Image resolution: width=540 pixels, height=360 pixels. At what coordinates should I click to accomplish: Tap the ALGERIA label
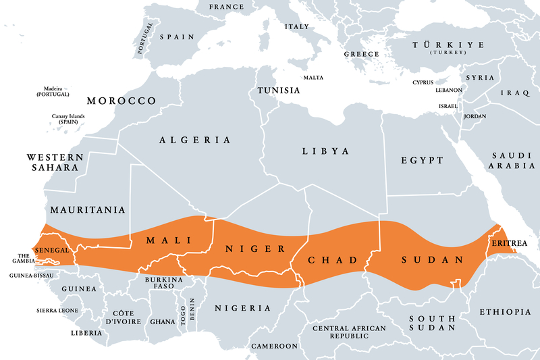tap(195, 140)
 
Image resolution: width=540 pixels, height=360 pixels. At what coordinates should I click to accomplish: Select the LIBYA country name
tap(327, 151)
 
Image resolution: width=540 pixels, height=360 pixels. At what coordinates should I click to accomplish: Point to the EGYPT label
tap(422, 160)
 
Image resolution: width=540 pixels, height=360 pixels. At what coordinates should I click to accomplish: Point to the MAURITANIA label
tap(88, 210)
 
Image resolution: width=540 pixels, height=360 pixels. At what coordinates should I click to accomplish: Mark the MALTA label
tap(313, 77)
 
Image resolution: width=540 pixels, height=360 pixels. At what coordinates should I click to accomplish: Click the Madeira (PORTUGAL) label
tap(53, 91)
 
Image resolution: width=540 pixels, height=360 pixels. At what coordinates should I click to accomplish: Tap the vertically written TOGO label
tap(183, 315)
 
